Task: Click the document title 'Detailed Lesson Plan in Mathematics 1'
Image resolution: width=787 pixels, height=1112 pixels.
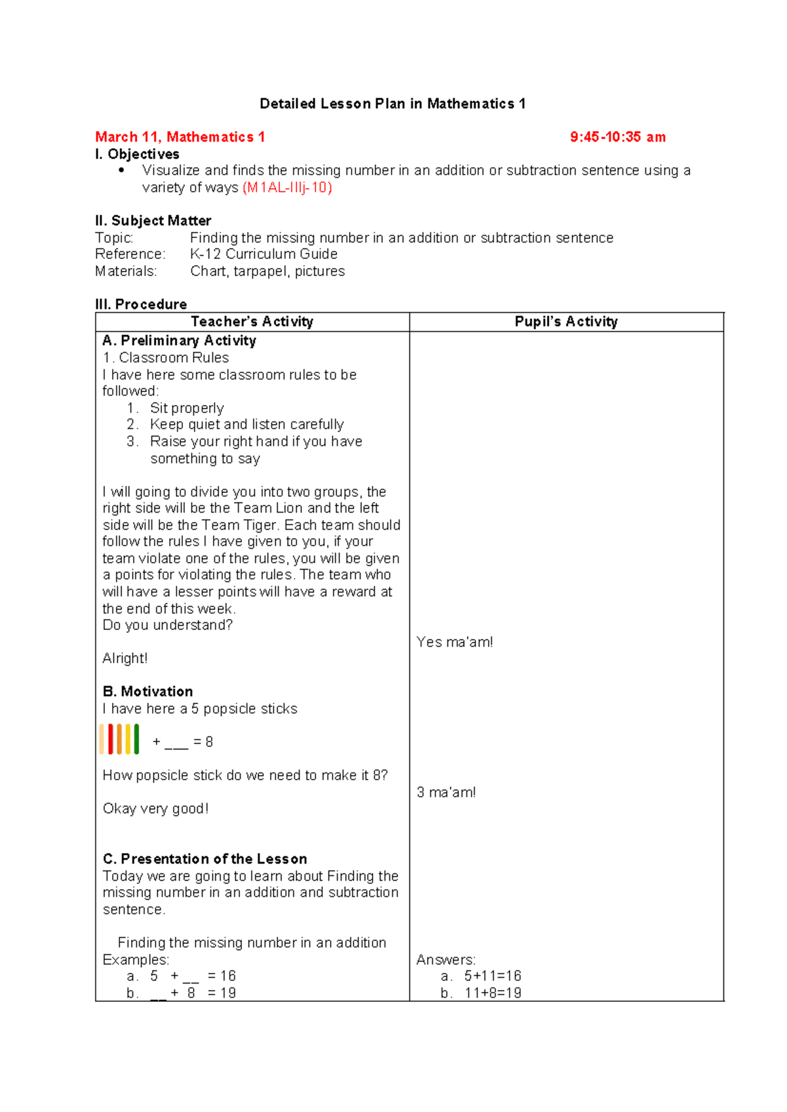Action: pyautogui.click(x=392, y=104)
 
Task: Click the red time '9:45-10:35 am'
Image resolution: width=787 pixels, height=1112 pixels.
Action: pyautogui.click(x=618, y=137)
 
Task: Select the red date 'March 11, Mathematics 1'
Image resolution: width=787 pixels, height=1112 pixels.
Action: pyautogui.click(x=180, y=137)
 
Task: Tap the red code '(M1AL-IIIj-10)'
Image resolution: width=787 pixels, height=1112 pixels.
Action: pyautogui.click(x=287, y=188)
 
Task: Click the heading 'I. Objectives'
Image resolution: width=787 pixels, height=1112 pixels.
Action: pyautogui.click(x=137, y=154)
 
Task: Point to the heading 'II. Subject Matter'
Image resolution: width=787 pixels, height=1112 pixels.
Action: pyautogui.click(x=153, y=220)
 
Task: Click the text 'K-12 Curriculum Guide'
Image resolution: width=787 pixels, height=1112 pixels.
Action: pyautogui.click(x=264, y=254)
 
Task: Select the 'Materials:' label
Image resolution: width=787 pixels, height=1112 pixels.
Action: pyautogui.click(x=126, y=271)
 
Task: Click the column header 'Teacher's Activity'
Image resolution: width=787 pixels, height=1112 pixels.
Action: pyautogui.click(x=252, y=321)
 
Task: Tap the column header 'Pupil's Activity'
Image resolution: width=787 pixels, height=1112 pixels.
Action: pyautogui.click(x=566, y=321)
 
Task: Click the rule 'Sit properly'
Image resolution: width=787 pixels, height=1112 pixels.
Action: pyautogui.click(x=187, y=408)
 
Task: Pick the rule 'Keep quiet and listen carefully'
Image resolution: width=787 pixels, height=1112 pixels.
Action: pyautogui.click(x=247, y=424)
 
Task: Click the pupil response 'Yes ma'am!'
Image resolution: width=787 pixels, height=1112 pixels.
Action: pyautogui.click(x=454, y=642)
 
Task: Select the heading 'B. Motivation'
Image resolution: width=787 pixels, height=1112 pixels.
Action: pyautogui.click(x=148, y=691)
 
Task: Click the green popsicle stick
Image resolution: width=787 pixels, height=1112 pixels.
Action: pyautogui.click(x=136, y=739)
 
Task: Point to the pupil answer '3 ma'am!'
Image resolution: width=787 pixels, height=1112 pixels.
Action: pyautogui.click(x=446, y=792)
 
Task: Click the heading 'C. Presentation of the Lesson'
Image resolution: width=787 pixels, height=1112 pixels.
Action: pyautogui.click(x=205, y=859)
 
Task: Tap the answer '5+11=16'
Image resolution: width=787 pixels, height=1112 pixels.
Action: pyautogui.click(x=493, y=976)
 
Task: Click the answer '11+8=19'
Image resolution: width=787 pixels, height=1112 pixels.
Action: pyautogui.click(x=493, y=993)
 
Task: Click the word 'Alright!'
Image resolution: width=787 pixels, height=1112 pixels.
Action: pyautogui.click(x=125, y=658)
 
